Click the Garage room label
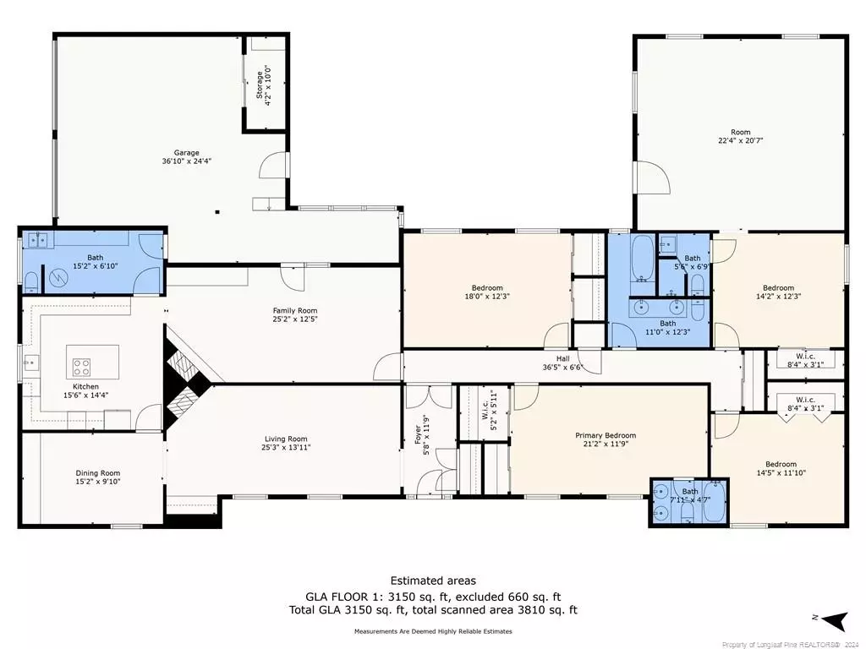pos(186,152)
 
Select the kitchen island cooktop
pos(81,367)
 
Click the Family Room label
pos(294,310)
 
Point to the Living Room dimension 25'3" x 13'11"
pos(286,448)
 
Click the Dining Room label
pos(98,473)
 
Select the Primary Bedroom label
pos(606,435)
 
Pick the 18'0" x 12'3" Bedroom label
pos(486,287)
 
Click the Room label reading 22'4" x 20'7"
pos(741,132)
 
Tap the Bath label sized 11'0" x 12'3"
pos(668,323)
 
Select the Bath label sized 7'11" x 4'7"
pos(691,491)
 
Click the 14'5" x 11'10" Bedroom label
pos(781,464)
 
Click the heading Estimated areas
pos(432,581)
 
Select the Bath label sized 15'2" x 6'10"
pos(94,258)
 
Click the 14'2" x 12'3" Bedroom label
pos(778,287)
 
